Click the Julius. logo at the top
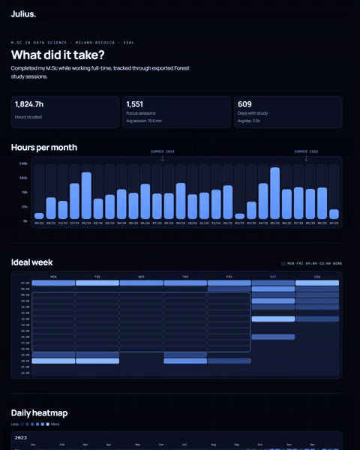(23, 13)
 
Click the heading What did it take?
(58, 55)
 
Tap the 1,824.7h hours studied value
(29, 104)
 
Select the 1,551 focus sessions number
(135, 104)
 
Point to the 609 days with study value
(244, 104)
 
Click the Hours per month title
(43, 147)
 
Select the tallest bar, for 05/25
(274, 193)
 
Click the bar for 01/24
(86, 196)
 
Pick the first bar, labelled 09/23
(39, 215)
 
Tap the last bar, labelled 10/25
(334, 214)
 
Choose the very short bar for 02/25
(239, 216)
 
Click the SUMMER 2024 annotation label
(162, 151)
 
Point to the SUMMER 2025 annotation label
(305, 151)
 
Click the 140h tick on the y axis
(23, 163)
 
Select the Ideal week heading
(32, 262)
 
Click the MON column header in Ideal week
(53, 276)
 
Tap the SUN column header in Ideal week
(317, 276)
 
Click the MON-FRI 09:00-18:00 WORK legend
(314, 263)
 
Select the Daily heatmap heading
(39, 413)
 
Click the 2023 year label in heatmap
(21, 437)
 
